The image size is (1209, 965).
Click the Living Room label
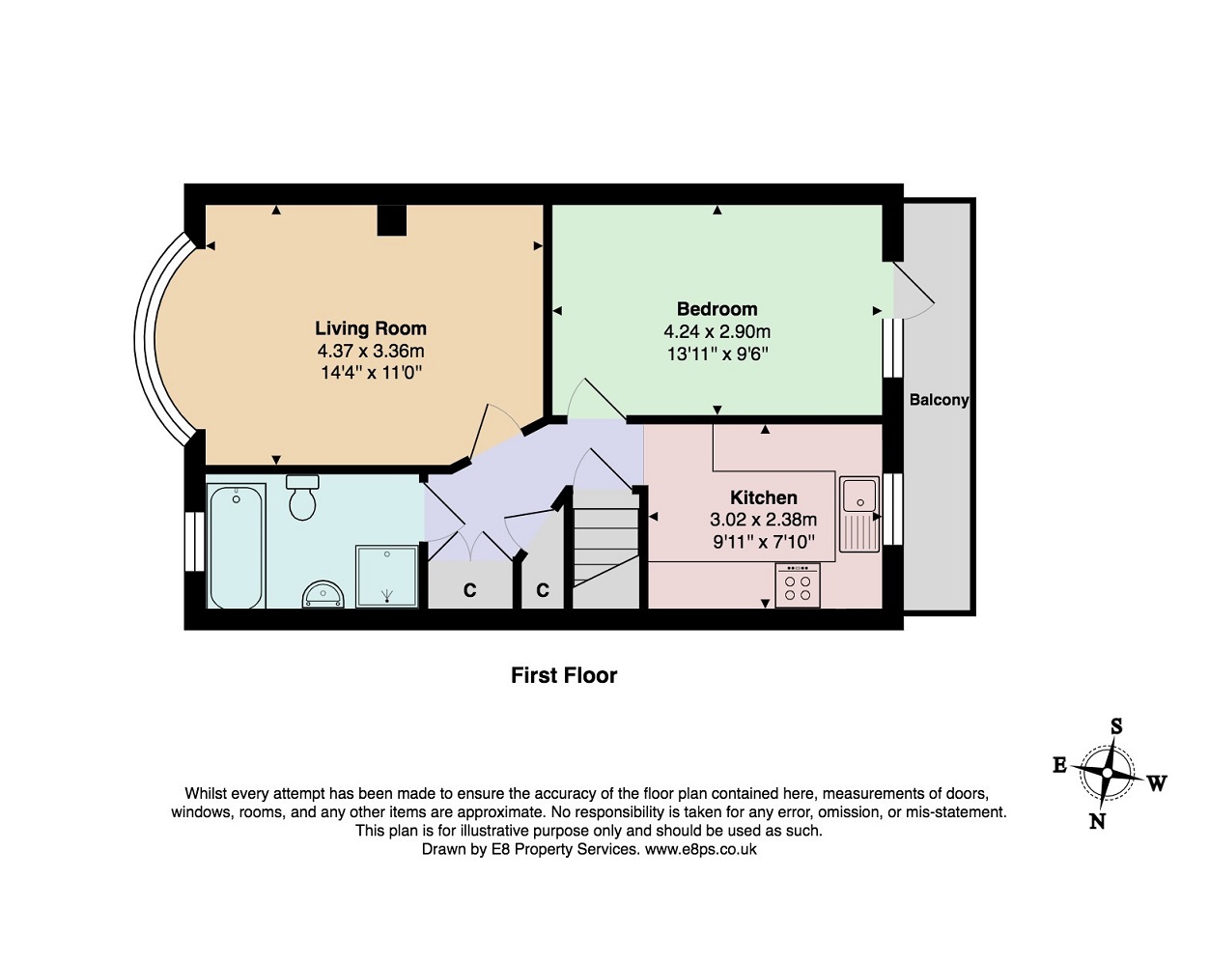pyautogui.click(x=371, y=328)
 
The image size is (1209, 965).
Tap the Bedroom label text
pyautogui.click(x=717, y=309)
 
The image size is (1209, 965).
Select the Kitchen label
pyautogui.click(x=763, y=497)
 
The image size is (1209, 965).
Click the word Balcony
pyautogui.click(x=939, y=400)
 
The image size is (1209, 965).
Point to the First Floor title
pyautogui.click(x=564, y=675)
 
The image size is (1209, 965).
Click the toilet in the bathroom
pyautogui.click(x=302, y=497)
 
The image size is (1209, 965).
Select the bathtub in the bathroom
pyautogui.click(x=236, y=546)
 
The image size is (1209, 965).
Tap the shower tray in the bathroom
pyautogui.click(x=387, y=577)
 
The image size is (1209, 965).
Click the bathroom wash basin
pyautogui.click(x=323, y=595)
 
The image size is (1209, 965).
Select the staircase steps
pyautogui.click(x=605, y=547)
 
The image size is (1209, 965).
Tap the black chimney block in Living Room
pyautogui.click(x=391, y=220)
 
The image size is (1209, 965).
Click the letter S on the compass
pyautogui.click(x=1116, y=726)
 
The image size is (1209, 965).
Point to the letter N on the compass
pyautogui.click(x=1097, y=821)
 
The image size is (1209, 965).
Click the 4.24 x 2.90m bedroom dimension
pyautogui.click(x=717, y=331)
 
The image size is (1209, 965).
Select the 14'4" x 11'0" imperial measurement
pyautogui.click(x=371, y=373)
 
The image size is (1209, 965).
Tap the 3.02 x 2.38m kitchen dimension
pyautogui.click(x=763, y=520)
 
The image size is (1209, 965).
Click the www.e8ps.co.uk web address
pyautogui.click(x=700, y=849)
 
